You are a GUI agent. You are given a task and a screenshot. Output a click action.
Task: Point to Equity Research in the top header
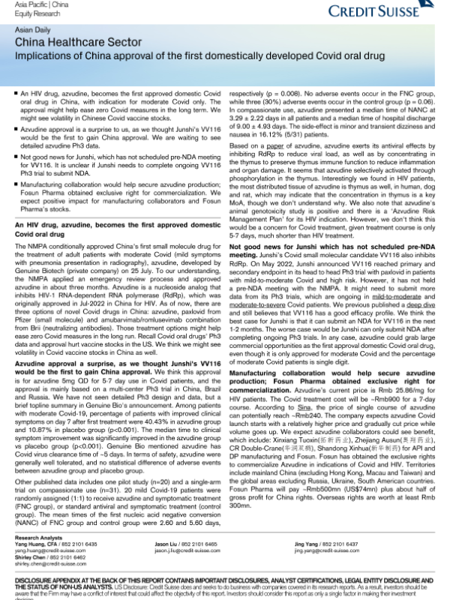pos(33,11)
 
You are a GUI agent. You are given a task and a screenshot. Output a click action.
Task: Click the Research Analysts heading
pos(37,538)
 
